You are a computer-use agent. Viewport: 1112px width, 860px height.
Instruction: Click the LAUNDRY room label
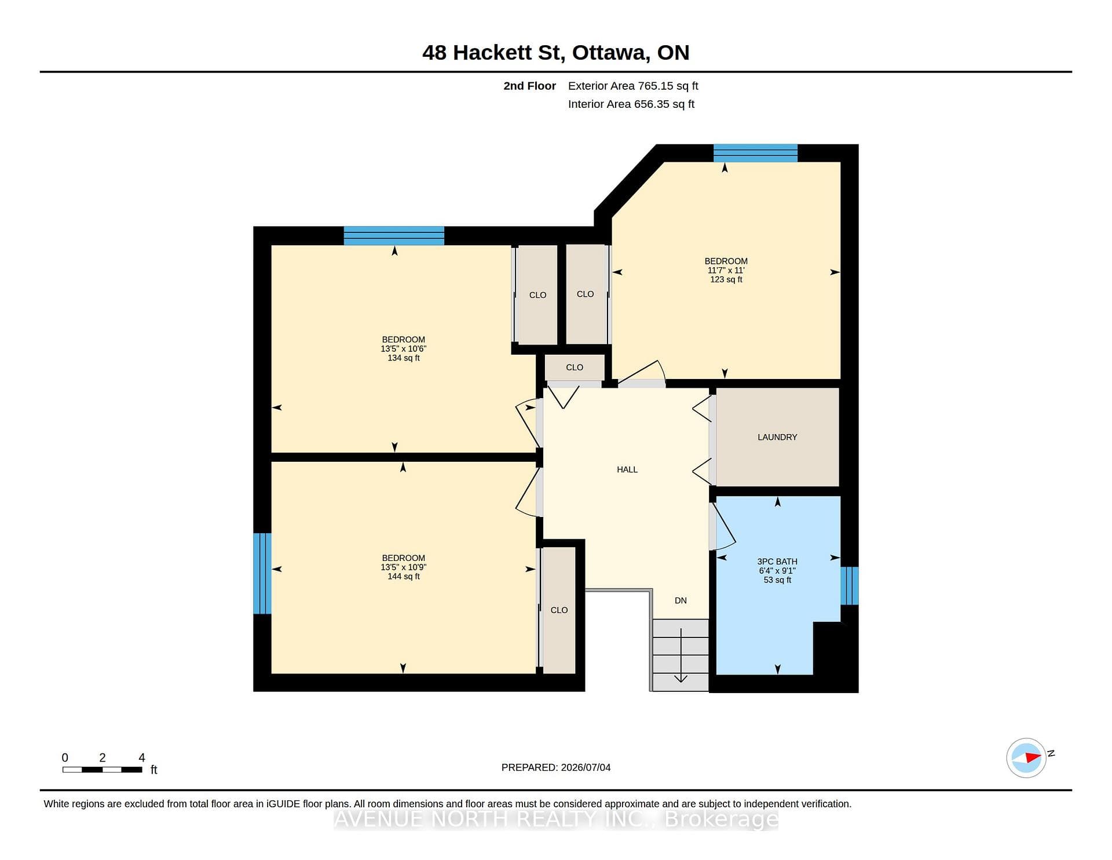coord(777,437)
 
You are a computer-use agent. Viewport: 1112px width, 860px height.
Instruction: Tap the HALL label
coord(627,469)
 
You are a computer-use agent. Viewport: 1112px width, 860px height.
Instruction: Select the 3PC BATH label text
coord(777,562)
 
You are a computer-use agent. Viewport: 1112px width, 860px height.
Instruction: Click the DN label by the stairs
coord(681,600)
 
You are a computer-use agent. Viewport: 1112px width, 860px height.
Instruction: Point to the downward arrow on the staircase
coord(681,655)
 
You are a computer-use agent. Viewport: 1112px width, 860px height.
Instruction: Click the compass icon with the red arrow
coord(1026,757)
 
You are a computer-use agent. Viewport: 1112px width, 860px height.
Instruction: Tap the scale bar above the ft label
coord(103,770)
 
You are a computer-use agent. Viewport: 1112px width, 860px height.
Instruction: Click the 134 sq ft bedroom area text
coord(404,358)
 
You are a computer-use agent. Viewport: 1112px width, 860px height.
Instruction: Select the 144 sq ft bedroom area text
coord(404,577)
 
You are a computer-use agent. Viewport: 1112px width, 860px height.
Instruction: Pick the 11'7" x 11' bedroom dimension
coord(726,270)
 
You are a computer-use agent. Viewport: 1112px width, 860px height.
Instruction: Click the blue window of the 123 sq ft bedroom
coord(755,153)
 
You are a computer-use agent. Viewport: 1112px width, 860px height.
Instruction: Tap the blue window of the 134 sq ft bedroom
coord(394,236)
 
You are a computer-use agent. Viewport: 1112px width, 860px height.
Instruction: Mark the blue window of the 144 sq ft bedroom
coord(262,573)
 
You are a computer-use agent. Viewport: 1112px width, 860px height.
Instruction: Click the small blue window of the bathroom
coord(850,586)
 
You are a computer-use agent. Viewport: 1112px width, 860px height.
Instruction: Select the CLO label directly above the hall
coord(575,367)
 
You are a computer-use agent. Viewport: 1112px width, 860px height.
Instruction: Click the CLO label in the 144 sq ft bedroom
coord(559,610)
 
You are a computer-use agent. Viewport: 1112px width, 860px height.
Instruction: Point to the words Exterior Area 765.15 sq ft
coord(633,86)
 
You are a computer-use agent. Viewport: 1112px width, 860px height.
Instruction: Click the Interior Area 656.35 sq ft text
coord(631,104)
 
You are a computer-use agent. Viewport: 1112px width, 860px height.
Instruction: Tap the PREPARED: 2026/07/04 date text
coord(556,767)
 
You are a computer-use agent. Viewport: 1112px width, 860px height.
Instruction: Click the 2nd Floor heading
coord(529,86)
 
